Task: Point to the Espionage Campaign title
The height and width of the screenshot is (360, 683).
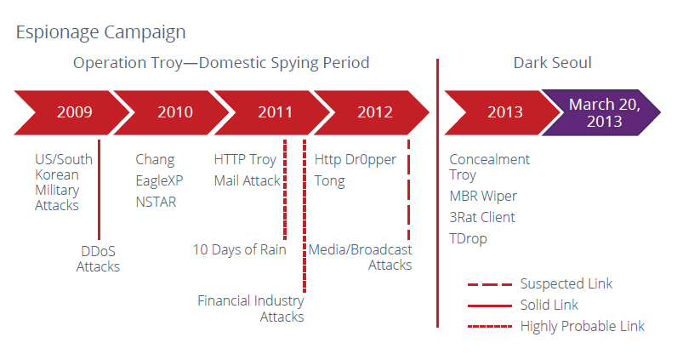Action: [100, 32]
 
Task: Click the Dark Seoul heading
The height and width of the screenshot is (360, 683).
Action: [552, 63]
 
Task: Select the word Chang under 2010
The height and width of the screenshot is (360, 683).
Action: [155, 160]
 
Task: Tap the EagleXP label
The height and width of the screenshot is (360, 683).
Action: [159, 180]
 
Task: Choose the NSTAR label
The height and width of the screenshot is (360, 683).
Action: [156, 202]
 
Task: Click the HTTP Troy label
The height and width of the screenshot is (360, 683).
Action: [245, 160]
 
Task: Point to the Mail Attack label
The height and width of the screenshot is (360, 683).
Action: [247, 180]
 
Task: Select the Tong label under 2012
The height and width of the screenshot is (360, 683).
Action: [330, 181]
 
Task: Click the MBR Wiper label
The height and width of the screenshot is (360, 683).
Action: [483, 196]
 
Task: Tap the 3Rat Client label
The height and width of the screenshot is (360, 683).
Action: [482, 217]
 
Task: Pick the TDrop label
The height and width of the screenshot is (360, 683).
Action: [469, 239]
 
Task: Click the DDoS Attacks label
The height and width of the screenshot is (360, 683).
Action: [98, 259]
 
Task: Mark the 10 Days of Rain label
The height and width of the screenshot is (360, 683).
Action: [240, 249]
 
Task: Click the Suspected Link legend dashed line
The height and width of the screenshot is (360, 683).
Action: [490, 284]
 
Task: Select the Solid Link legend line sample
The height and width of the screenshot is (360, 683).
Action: [490, 306]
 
